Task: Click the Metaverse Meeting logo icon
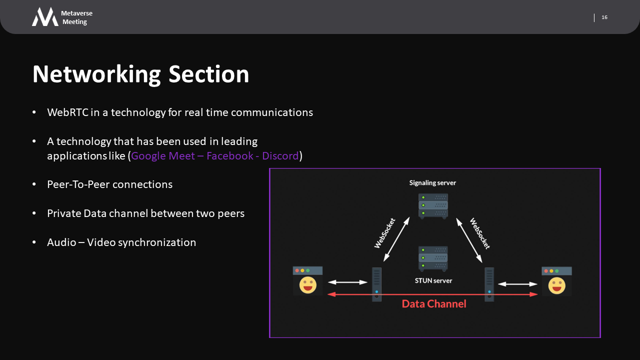pos(45,17)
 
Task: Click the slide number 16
pos(604,17)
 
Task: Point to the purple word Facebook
pos(230,156)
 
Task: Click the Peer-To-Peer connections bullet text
pos(109,184)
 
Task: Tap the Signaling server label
pos(432,183)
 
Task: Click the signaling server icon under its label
pos(433,205)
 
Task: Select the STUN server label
pos(433,280)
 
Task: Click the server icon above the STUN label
pos(433,258)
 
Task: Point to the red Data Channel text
pos(433,303)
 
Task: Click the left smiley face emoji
pos(307,285)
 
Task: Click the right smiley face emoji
pos(556,285)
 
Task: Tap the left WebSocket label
pos(385,233)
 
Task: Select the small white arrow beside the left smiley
pos(347,282)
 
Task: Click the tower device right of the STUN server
pos(489,284)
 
